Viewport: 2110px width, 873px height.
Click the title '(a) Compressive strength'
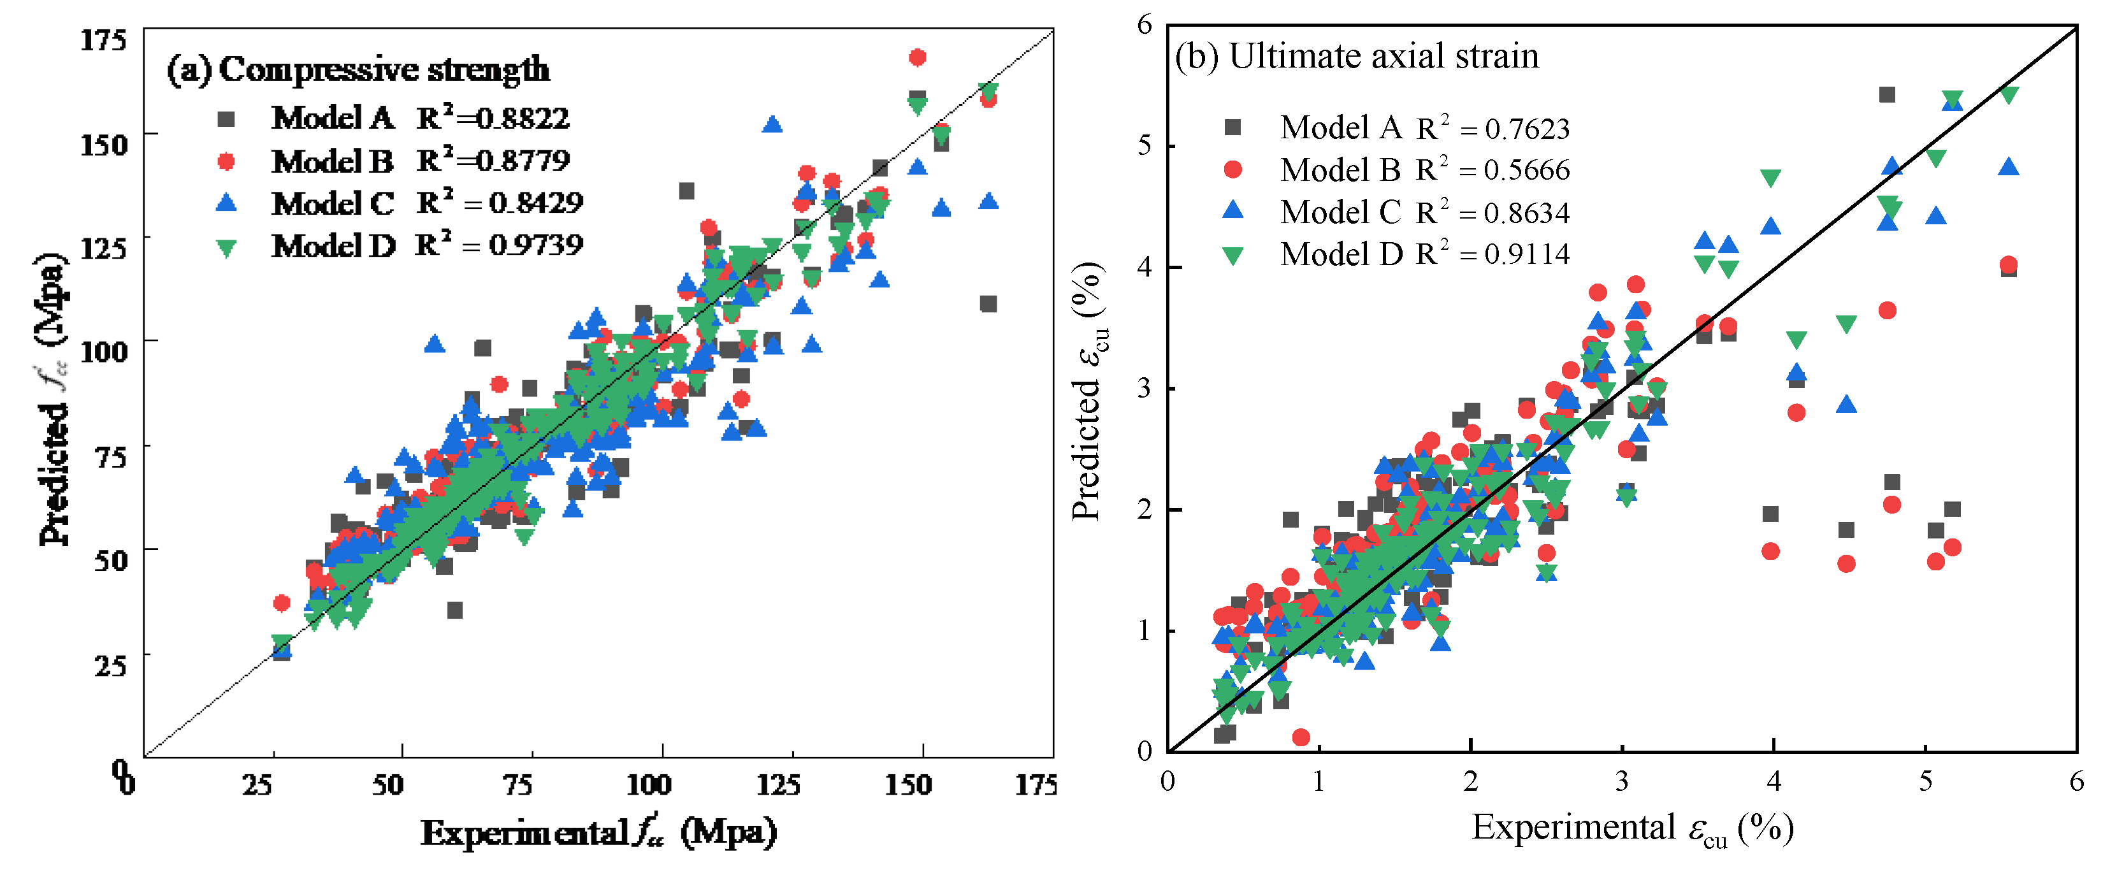[x=358, y=69]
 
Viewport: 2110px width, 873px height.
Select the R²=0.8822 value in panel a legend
[x=492, y=118]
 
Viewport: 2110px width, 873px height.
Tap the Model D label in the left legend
[x=333, y=245]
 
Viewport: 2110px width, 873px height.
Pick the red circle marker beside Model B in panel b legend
[x=1232, y=170]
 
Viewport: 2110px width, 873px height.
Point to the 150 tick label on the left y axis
[x=104, y=145]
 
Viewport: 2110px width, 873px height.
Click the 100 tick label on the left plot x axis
[x=649, y=784]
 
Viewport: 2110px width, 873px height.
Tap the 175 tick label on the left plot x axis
[x=1036, y=784]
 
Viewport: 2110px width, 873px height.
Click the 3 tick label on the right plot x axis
[x=1622, y=781]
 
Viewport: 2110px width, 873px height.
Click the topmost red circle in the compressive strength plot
[x=918, y=57]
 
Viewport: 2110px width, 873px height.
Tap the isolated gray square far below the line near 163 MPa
[x=988, y=304]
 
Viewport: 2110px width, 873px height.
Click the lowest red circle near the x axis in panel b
[x=1301, y=738]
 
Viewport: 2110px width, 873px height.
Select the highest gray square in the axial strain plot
[x=1887, y=95]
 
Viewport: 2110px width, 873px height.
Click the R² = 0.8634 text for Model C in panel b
[x=1493, y=212]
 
